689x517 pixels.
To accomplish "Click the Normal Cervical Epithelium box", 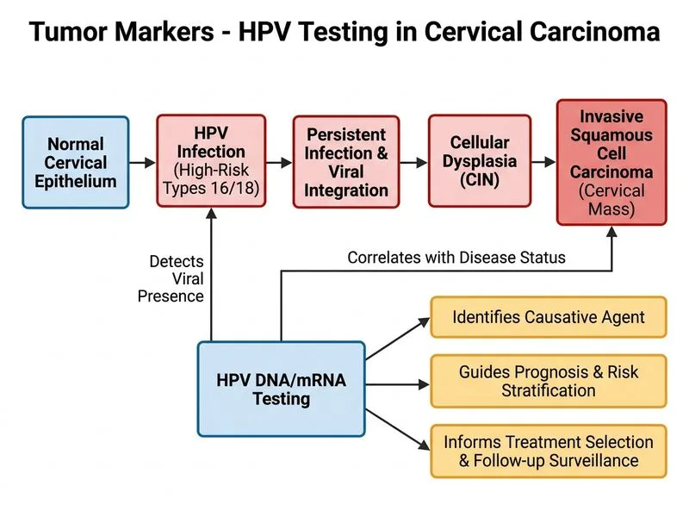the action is (76, 162).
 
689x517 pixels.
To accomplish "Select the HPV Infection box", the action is (211, 161).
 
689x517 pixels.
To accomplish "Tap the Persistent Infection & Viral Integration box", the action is (346, 162).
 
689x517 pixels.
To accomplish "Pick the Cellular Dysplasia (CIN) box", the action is (480, 161).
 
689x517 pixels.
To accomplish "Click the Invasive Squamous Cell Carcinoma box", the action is (611, 162).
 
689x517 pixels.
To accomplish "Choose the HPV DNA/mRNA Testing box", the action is (282, 389).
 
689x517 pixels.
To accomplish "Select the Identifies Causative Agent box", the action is (549, 317).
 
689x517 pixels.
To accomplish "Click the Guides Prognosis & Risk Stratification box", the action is (549, 381).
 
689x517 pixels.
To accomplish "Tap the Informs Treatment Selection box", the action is (549, 451).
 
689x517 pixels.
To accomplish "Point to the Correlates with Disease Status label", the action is (456, 258).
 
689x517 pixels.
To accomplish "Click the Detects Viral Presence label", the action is (171, 278).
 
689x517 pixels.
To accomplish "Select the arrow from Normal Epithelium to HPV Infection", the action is (142, 163).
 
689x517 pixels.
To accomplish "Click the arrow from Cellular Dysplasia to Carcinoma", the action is (543, 162).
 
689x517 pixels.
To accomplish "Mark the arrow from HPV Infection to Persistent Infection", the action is (279, 163).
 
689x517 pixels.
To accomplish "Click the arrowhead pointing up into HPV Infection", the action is (211, 213).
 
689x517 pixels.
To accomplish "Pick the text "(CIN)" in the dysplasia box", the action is (480, 179).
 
